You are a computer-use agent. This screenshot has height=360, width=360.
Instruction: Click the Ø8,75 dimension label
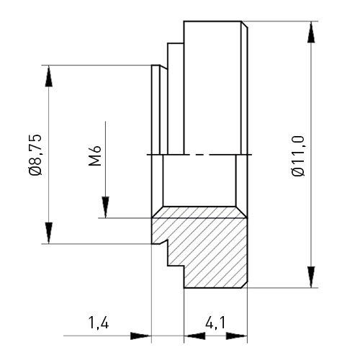click(35, 155)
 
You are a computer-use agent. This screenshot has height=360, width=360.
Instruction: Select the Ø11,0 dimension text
click(298, 156)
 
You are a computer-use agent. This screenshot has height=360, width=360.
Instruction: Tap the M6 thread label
click(95, 156)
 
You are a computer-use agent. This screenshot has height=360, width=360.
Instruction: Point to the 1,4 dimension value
click(99, 323)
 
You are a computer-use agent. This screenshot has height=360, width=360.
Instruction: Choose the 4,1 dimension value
click(215, 323)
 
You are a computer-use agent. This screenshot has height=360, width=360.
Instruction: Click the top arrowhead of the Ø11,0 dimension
click(311, 32)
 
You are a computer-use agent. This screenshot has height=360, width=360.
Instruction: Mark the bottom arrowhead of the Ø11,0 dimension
click(311, 276)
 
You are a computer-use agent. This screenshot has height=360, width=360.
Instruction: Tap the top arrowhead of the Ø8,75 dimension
click(49, 76)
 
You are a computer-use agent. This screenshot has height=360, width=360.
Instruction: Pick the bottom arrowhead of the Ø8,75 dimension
click(49, 233)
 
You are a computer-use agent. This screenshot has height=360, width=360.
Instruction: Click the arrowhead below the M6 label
click(105, 207)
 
